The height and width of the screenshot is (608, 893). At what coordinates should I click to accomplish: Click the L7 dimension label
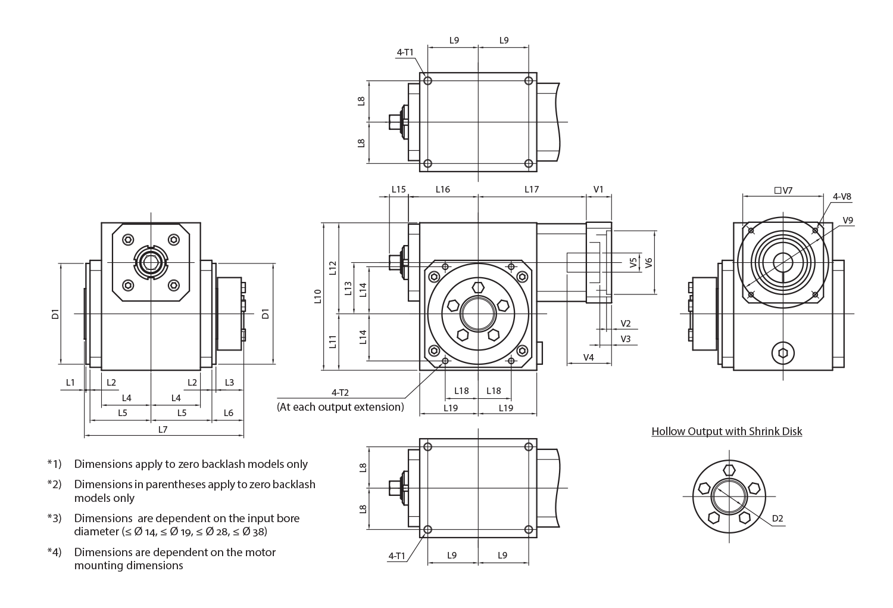pos(163,429)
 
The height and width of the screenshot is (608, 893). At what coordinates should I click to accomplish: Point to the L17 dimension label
pos(532,190)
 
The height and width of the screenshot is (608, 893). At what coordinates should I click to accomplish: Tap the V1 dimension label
pos(599,190)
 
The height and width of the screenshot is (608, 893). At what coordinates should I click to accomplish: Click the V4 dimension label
pos(588,357)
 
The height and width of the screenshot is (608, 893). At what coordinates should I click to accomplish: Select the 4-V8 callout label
pos(842,196)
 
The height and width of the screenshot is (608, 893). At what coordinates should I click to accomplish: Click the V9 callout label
pos(848,220)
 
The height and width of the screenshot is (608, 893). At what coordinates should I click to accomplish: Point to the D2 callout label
pos(778,519)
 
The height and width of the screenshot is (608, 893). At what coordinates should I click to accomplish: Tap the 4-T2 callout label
pos(340,392)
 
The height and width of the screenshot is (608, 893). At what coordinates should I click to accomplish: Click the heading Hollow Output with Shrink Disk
pos(726,431)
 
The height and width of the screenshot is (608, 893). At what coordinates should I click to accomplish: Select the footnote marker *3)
pos(55,518)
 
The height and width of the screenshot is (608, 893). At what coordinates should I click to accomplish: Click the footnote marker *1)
pos(55,464)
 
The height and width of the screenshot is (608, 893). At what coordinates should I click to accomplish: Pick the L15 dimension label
pos(399,190)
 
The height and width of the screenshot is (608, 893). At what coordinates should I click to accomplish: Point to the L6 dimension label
pos(228,412)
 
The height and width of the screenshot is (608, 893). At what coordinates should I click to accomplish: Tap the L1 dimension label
pos(71,382)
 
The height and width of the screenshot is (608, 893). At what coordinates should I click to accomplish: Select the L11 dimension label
pos(333,342)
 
